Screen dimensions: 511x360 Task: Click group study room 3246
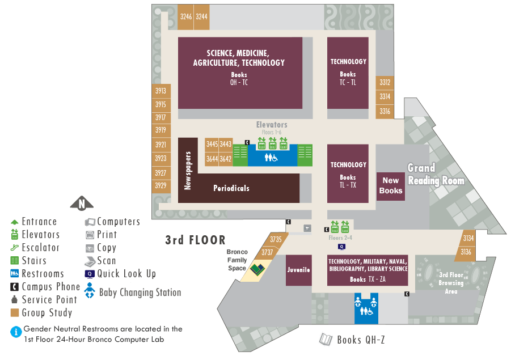[x=185, y=17]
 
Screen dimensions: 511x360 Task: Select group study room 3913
[x=161, y=91]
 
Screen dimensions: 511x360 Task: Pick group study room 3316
[x=385, y=112]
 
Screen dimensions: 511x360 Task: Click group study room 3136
[x=466, y=252]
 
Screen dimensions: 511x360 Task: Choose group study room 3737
[x=268, y=252]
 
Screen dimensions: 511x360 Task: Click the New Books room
[x=390, y=185]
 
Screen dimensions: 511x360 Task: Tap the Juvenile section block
[x=298, y=270]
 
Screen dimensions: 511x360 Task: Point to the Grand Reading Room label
[x=436, y=175]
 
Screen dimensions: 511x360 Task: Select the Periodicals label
[x=231, y=188]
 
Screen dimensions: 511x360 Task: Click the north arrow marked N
[x=82, y=204]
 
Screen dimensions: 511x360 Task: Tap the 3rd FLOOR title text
[x=195, y=240]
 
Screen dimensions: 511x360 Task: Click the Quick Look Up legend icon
[x=90, y=274]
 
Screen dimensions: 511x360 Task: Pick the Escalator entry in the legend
[x=40, y=248]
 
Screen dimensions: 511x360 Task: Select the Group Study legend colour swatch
[x=15, y=312]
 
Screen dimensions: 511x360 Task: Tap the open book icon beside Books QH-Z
[x=326, y=340]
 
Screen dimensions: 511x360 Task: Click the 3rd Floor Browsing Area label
[x=451, y=283]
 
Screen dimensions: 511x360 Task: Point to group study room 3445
[x=212, y=145]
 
